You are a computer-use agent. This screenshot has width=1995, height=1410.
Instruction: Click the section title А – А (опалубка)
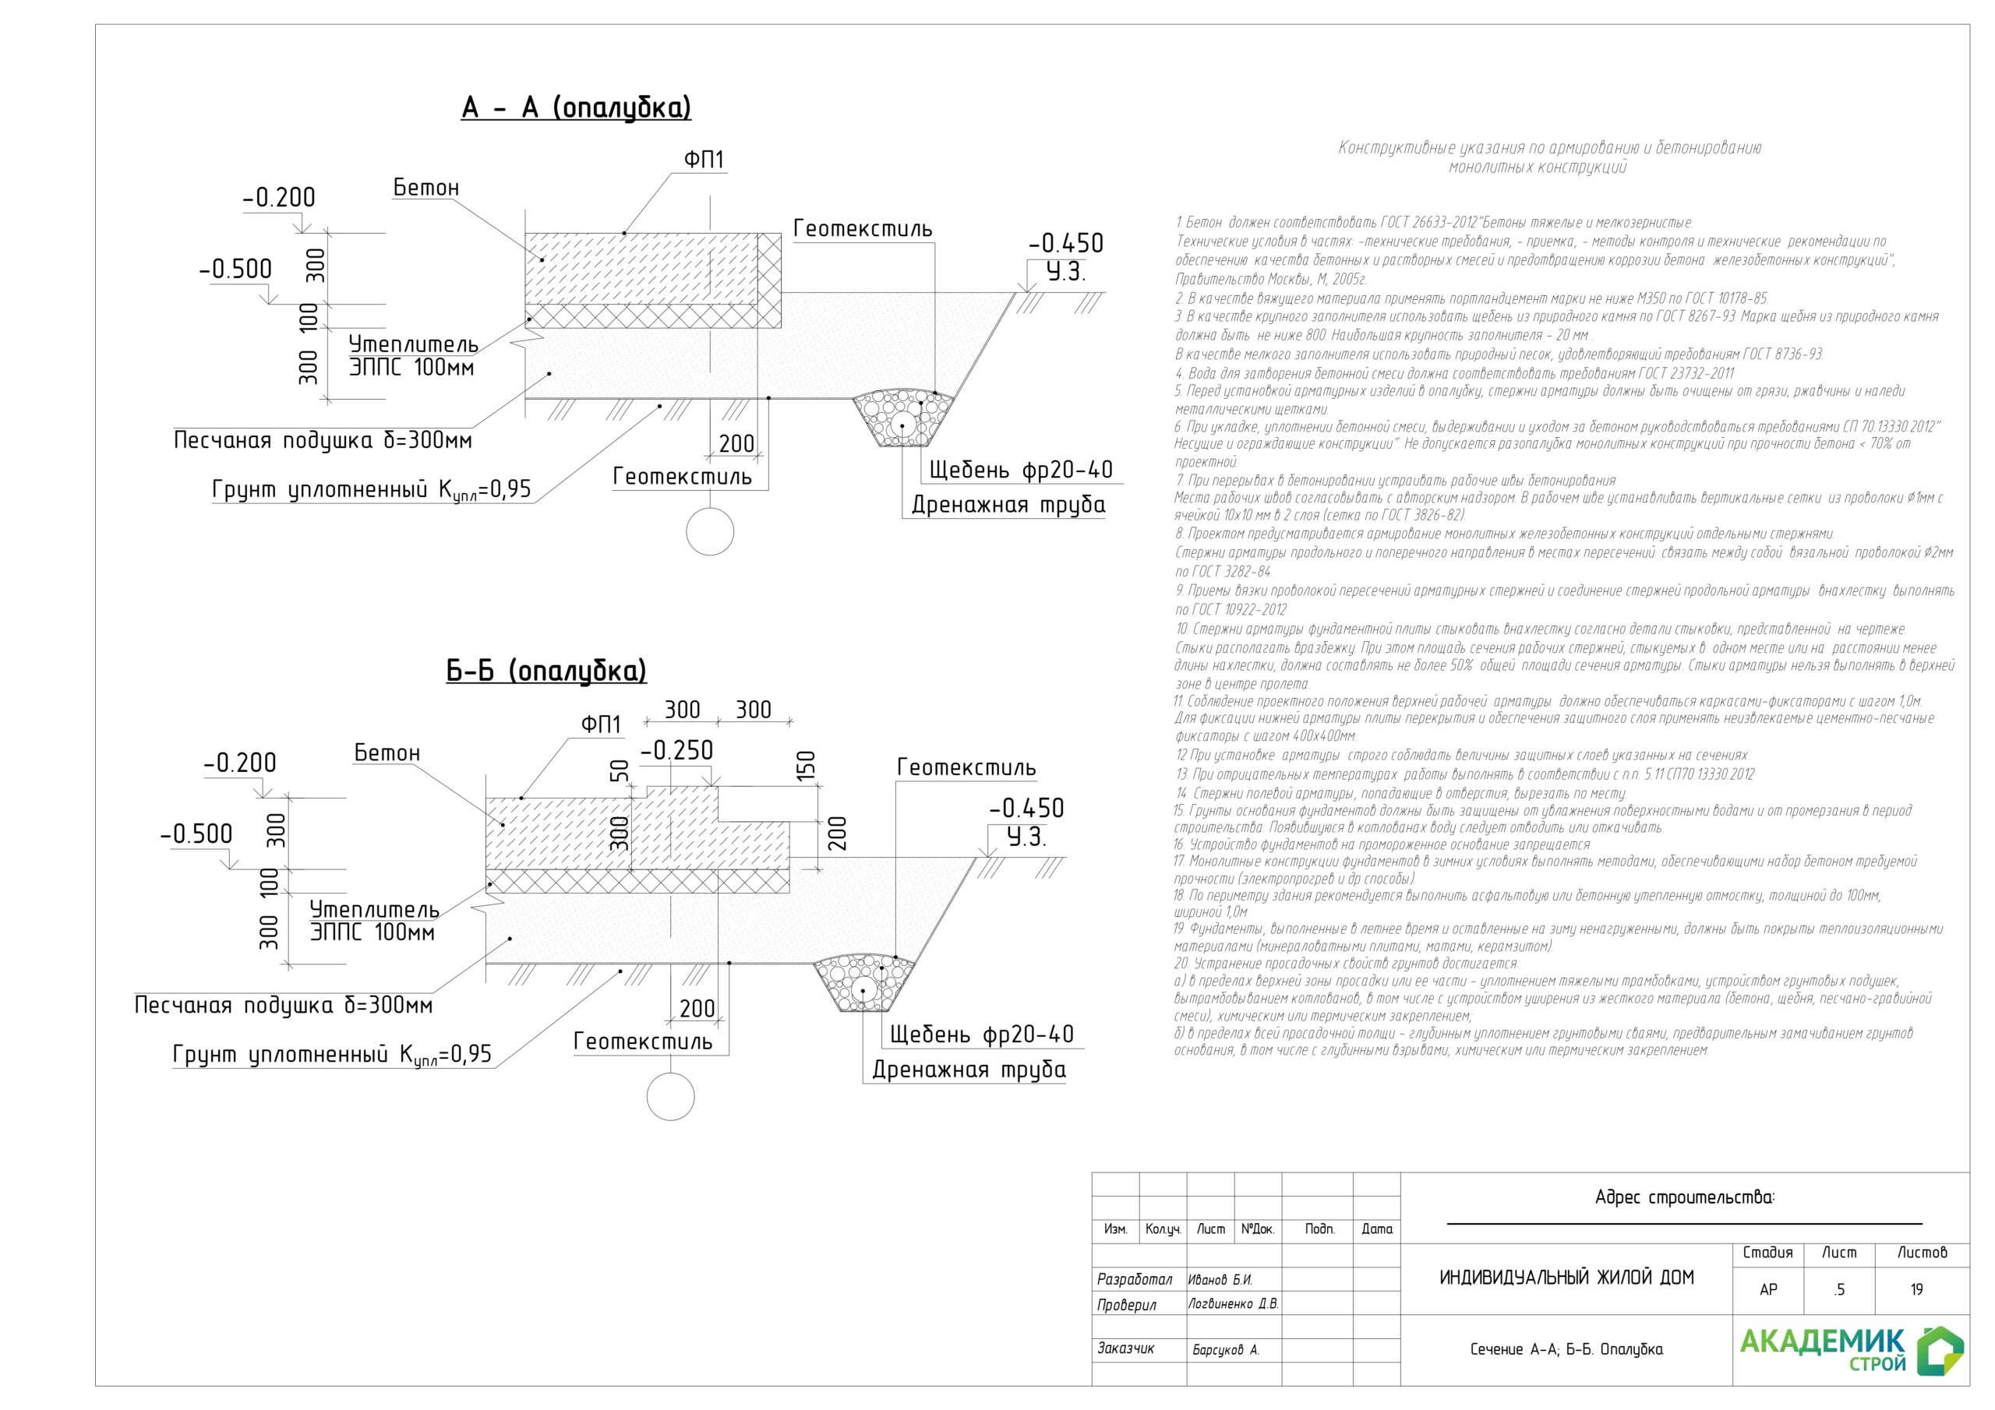point(576,108)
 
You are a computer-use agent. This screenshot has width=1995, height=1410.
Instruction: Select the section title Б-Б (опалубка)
point(546,671)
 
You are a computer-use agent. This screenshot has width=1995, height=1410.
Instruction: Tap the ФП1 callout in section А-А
point(703,160)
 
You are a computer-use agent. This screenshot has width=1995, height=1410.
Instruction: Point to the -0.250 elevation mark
point(676,751)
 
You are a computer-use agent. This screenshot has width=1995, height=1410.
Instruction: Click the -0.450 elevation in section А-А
point(1065,243)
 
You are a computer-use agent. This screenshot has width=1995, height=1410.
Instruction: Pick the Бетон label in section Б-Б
point(387,753)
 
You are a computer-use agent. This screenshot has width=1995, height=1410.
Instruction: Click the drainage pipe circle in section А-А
point(902,425)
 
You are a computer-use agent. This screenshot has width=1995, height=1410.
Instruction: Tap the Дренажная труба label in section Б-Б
point(969,1070)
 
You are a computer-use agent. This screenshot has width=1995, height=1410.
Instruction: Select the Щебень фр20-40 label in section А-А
point(1021,471)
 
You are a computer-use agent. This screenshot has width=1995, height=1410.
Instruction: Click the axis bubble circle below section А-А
point(710,531)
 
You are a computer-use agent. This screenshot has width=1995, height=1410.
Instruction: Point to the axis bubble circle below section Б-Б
point(671,1096)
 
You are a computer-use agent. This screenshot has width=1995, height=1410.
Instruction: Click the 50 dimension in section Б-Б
point(619,770)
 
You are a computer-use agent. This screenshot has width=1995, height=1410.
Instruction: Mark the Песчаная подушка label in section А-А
point(323,440)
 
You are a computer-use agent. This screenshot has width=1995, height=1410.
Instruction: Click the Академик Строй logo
point(1850,1349)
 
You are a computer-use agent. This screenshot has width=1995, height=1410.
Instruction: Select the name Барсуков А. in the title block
point(1225,1350)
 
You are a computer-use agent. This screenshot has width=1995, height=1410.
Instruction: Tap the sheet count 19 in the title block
point(1916,1290)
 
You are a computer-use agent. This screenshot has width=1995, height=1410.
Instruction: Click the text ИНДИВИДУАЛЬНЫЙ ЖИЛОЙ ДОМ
point(1566,1278)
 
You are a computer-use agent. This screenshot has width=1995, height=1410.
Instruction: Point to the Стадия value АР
point(1767,1290)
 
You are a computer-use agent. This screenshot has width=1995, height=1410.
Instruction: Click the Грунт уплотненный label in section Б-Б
point(332,1055)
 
